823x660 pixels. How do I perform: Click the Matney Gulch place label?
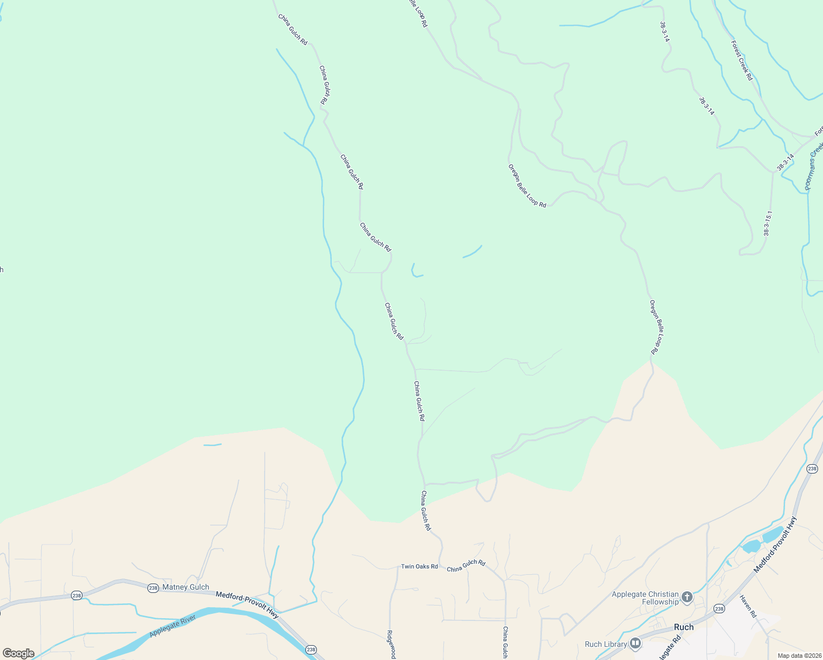(186, 587)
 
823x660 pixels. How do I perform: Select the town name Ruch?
(684, 627)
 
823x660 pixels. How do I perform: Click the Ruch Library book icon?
(635, 643)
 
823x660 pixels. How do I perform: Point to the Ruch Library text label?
(606, 644)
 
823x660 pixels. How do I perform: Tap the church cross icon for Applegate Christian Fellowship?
(687, 597)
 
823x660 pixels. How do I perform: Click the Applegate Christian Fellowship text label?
(645, 598)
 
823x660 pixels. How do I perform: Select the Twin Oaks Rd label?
(419, 566)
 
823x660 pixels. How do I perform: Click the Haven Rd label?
(748, 606)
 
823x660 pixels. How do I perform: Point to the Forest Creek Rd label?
(742, 61)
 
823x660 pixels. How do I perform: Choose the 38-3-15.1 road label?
(768, 223)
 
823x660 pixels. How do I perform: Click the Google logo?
(18, 653)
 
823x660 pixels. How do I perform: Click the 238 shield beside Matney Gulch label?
(153, 588)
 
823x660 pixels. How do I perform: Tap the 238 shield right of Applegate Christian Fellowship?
(718, 608)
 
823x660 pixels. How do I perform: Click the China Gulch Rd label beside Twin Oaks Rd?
(466, 566)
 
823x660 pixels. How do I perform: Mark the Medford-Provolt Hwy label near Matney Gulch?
(247, 603)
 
